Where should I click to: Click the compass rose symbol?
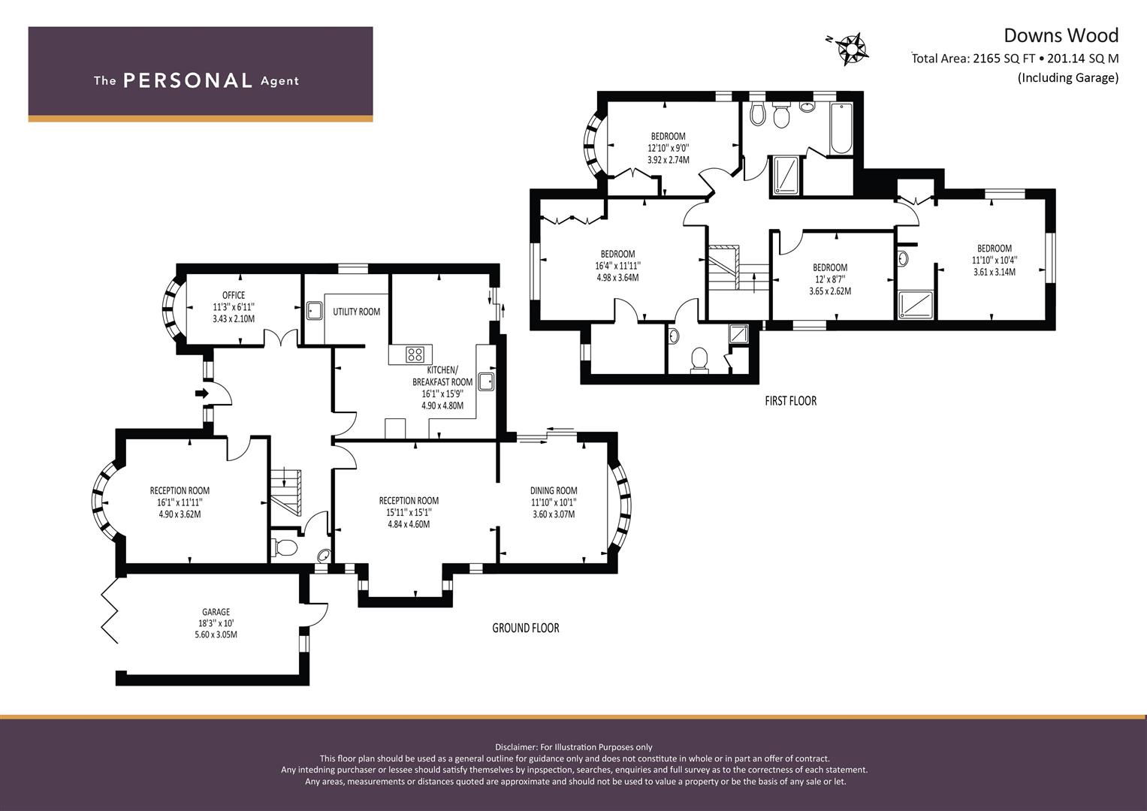pos(850,49)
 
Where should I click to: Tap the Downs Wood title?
pos(1061,35)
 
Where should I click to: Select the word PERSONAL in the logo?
pos(188,80)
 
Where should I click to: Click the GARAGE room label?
pos(216,612)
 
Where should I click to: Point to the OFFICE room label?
pos(234,295)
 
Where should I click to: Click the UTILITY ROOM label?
pos(356,312)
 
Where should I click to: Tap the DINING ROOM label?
pos(554,490)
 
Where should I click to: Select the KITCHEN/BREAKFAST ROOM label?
pos(442,375)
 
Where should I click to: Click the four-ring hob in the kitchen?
pos(415,354)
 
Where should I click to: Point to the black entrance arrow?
pos(202,393)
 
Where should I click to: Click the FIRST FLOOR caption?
pos(791,401)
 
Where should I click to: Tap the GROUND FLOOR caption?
pos(525,629)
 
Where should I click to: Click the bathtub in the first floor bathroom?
pos(841,128)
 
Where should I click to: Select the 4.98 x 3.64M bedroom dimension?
pos(617,278)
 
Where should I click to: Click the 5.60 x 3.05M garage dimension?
pos(216,635)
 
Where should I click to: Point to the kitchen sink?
pos(486,382)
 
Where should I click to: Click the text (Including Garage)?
pos(1068,78)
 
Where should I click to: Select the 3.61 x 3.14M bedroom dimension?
pos(995,272)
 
